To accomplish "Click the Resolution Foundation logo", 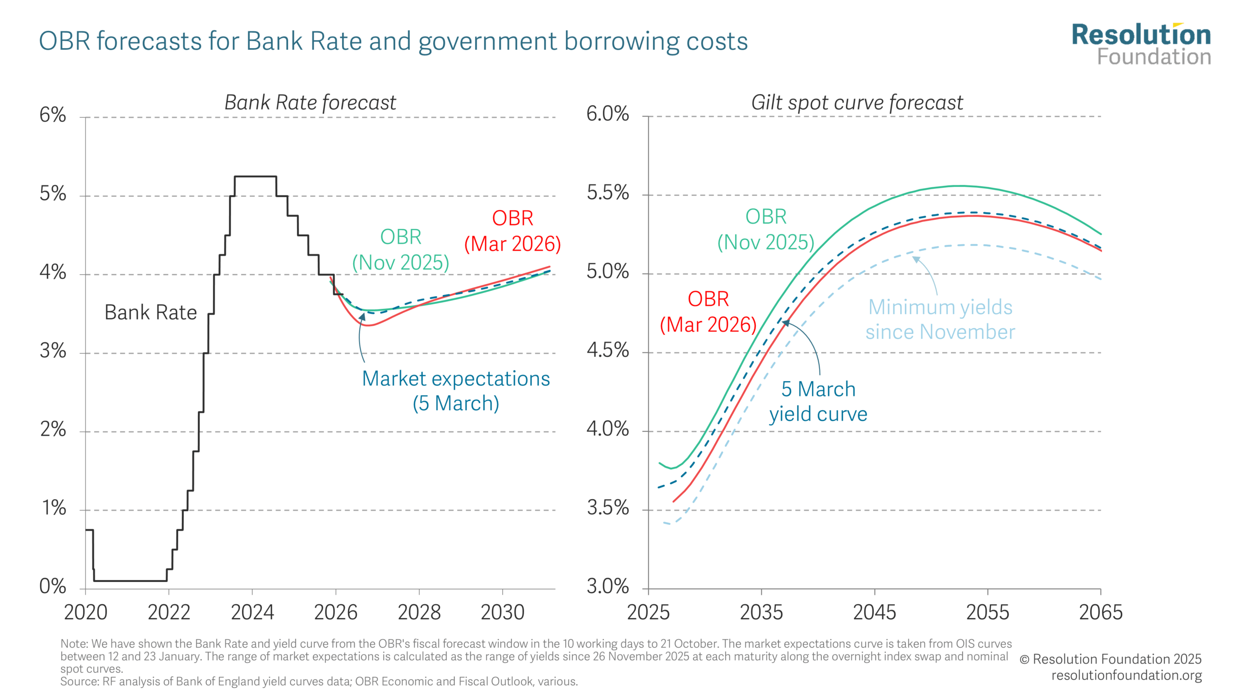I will click(1141, 44).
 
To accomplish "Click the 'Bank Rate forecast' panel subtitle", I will click(310, 102).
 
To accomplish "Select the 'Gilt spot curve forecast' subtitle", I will click(857, 102).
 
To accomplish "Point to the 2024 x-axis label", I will click(252, 612).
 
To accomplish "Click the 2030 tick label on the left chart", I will click(502, 612).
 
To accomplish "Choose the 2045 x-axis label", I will click(874, 612).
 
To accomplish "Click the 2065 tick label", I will click(1100, 612).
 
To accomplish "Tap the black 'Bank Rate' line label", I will click(151, 312).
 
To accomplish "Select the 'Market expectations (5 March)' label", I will click(456, 391).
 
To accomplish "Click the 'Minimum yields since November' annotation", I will click(940, 320).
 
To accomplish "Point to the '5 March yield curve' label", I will click(818, 402).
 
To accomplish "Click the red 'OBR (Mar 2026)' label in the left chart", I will click(512, 231).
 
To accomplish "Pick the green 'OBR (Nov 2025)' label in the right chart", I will click(766, 229).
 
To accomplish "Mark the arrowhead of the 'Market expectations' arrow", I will click(362, 316).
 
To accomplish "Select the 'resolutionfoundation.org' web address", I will click(1126, 675).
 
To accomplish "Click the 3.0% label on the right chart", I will click(607, 586).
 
